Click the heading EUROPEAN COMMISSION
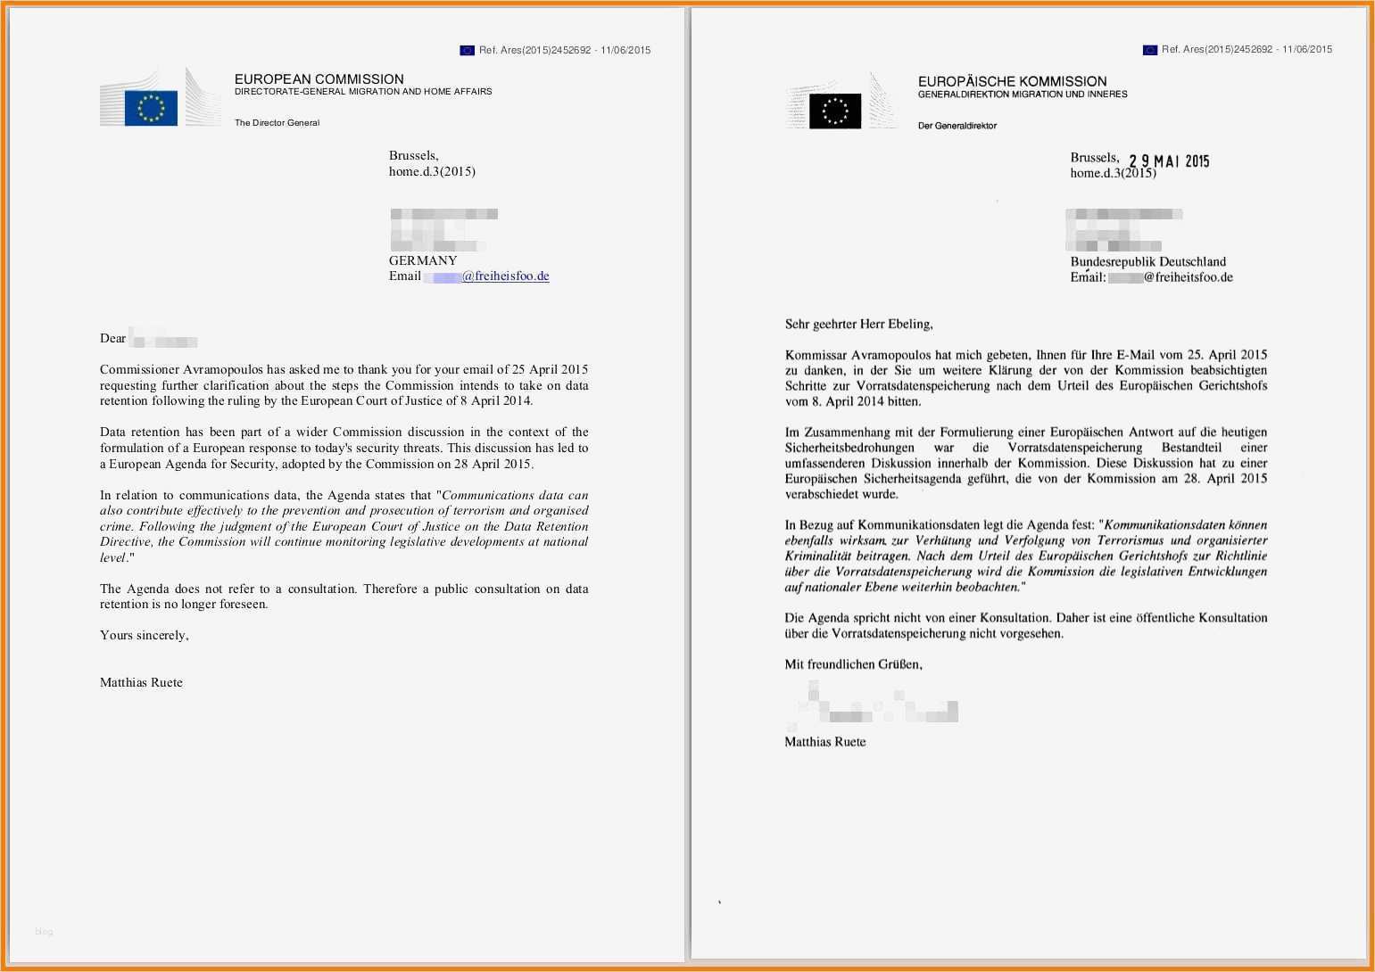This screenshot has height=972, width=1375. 319,78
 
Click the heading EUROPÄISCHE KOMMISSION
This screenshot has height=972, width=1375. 1012,81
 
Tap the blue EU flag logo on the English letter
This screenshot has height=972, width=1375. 151,108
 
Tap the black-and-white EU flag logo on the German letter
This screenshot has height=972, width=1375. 835,111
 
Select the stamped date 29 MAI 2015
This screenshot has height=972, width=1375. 1168,161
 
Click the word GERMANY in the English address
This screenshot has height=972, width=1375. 423,260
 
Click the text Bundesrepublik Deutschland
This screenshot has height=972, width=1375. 1147,261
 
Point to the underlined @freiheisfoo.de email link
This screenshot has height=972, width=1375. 505,276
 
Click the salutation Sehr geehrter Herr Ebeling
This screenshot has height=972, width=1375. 858,324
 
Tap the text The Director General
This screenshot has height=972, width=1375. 277,123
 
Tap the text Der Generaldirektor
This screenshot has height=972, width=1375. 957,126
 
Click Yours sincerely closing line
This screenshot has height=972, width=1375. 144,635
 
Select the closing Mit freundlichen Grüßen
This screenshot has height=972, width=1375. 853,664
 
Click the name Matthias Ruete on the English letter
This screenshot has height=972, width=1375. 141,682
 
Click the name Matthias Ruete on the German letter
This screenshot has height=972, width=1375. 824,742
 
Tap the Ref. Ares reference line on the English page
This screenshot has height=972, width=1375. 564,50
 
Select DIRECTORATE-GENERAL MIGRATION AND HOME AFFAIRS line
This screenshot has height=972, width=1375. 363,92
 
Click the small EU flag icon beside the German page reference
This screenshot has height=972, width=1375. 1149,50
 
